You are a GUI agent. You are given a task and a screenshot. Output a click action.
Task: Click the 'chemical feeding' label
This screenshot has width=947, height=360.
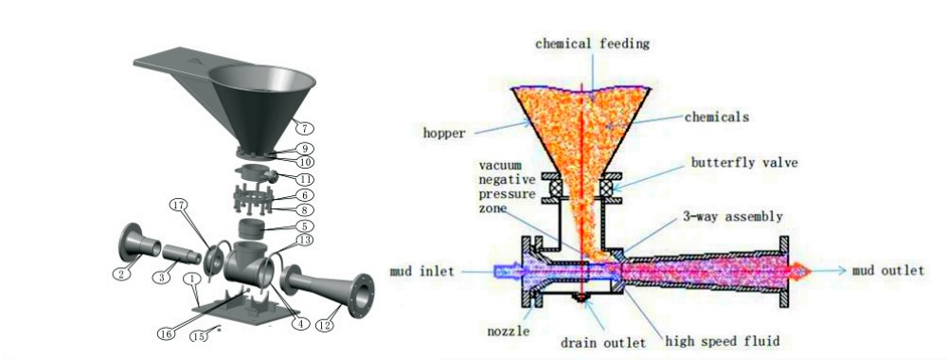coord(592,44)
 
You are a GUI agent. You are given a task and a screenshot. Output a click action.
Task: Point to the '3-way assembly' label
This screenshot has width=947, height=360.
coord(736,215)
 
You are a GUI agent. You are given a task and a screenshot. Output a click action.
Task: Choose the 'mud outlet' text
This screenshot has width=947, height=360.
coord(887,271)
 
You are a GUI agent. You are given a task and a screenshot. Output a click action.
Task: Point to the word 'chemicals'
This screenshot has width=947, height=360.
coord(717,117)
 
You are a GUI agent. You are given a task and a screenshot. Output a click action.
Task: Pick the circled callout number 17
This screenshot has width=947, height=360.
coord(179,206)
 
